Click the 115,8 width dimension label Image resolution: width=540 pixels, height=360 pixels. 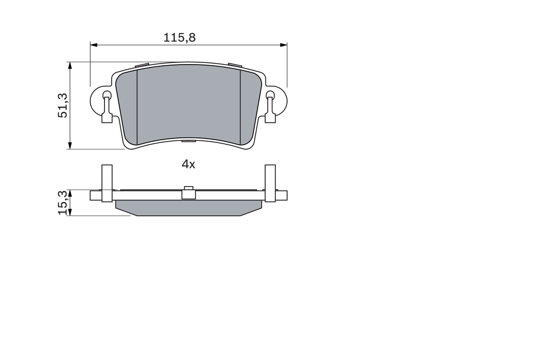tap(180, 38)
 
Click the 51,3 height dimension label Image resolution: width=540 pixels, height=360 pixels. tap(62, 106)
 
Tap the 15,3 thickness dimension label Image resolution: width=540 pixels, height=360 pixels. tap(62, 203)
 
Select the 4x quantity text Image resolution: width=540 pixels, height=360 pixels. tap(188, 165)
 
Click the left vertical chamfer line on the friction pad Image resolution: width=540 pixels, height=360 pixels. tap(138, 106)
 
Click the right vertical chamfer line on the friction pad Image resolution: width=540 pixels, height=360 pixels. tap(240, 106)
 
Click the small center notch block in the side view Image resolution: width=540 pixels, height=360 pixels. tap(188, 193)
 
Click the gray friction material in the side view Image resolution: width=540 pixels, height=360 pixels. tap(188, 208)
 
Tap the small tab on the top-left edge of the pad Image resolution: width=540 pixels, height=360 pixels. tap(142, 65)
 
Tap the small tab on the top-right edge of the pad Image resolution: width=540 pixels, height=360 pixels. tap(235, 65)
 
